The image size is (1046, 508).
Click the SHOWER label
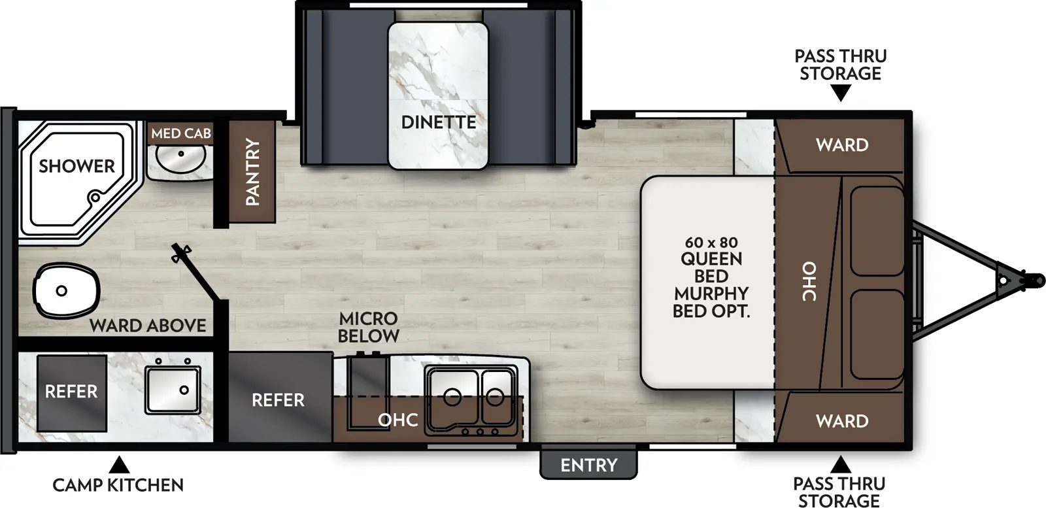[x=76, y=166]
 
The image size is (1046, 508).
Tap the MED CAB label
[x=181, y=133]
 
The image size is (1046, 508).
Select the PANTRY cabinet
[x=252, y=172]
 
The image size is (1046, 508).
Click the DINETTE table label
[x=438, y=122]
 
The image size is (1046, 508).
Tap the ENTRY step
[x=588, y=464]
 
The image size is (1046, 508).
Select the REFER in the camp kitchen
[x=71, y=392]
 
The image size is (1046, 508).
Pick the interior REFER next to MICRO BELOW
[x=278, y=399]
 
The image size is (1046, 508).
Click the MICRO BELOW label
[x=369, y=327]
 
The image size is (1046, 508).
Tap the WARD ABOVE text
[x=148, y=325]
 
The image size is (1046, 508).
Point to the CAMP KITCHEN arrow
[x=118, y=465]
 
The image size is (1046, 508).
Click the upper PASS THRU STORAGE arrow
[x=841, y=94]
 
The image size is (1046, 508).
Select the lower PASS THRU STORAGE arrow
[x=841, y=465]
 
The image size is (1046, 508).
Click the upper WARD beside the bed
[x=842, y=145]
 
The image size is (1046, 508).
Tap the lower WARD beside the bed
[x=842, y=421]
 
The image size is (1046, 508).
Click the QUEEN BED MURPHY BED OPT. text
[x=711, y=277]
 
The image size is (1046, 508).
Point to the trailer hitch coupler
[x=1030, y=280]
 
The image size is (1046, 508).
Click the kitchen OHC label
[x=398, y=419]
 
